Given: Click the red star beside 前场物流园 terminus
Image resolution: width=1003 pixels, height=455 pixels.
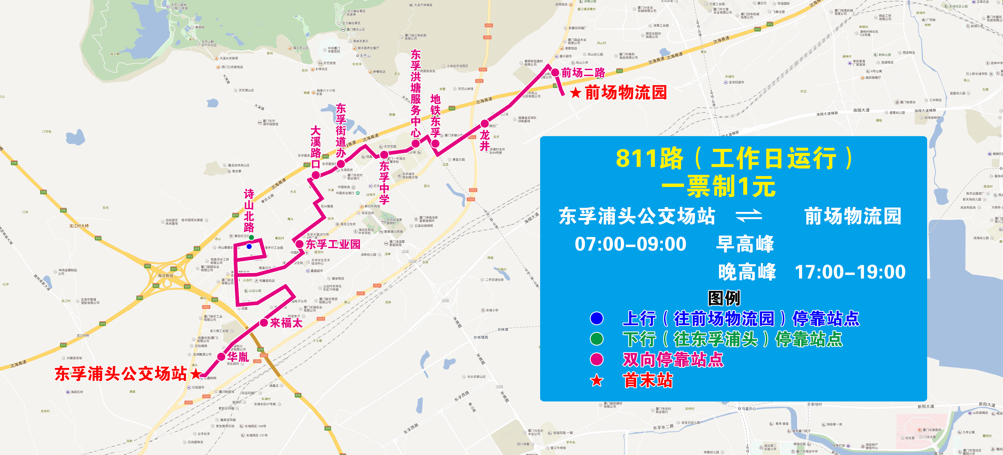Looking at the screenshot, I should click(x=576, y=93).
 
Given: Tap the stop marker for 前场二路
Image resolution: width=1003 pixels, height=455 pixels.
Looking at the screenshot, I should click(x=555, y=73).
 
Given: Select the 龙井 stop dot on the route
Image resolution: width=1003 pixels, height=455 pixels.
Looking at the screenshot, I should click(x=484, y=123).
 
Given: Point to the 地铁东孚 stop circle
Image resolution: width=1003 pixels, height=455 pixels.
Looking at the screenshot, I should click(x=435, y=144).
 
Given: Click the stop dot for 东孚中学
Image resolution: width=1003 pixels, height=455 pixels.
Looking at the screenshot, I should click(x=384, y=155).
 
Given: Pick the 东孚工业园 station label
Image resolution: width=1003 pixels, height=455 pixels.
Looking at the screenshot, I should click(x=333, y=244).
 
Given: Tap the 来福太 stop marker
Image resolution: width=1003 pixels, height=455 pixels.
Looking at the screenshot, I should click(x=264, y=323).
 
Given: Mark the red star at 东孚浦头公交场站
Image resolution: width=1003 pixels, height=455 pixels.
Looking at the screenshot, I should click(x=196, y=374).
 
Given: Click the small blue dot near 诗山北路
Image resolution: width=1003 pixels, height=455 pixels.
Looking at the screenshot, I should click(x=249, y=246).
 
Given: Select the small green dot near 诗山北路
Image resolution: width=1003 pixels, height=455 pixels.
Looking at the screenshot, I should click(x=252, y=238).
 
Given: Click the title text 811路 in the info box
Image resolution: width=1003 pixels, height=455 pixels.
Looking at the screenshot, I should click(x=650, y=159).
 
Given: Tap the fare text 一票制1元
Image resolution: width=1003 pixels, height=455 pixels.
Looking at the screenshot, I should click(x=718, y=186).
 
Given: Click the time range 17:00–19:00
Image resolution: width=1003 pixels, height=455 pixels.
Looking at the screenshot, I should click(x=850, y=272).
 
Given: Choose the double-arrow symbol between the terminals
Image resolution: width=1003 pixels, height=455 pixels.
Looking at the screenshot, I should click(x=749, y=216).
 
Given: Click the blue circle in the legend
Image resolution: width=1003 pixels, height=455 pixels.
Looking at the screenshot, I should click(x=596, y=318).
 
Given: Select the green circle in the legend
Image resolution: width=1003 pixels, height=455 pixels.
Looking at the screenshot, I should click(x=596, y=339).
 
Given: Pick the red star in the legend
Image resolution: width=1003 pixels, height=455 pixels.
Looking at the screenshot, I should click(x=596, y=380).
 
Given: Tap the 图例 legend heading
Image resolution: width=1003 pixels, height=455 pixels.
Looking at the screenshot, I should click(x=724, y=298).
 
